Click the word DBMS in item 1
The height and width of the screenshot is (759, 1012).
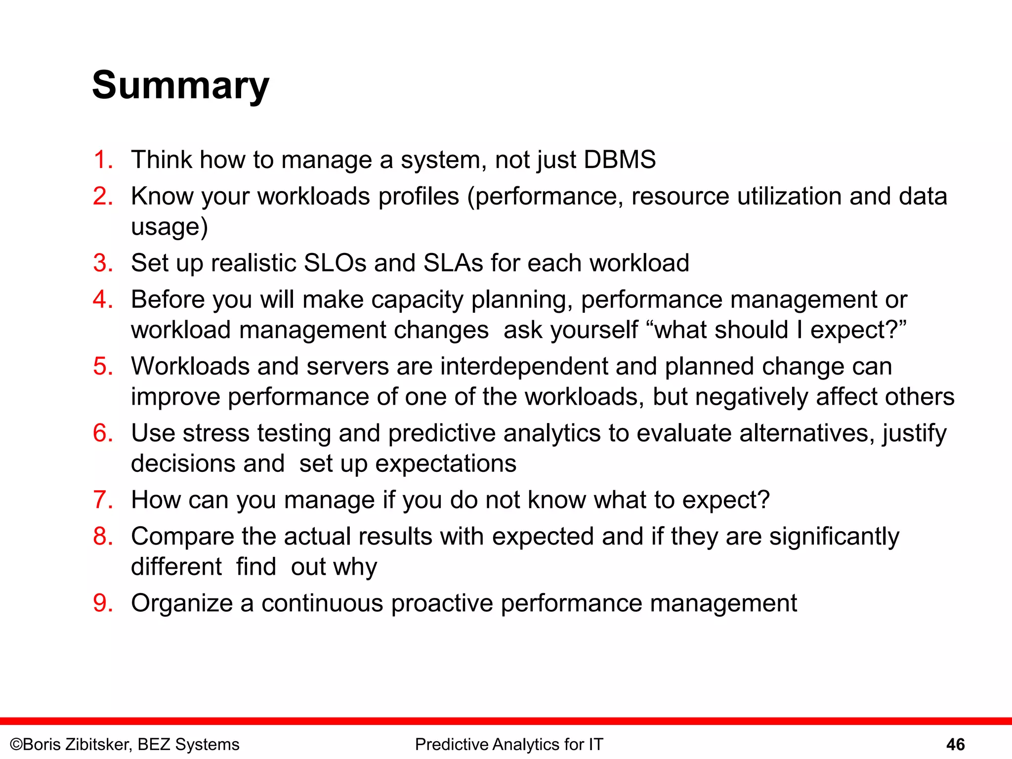[620, 160]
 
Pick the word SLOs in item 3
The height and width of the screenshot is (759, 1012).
[335, 263]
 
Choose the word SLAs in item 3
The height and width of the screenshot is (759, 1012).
[453, 263]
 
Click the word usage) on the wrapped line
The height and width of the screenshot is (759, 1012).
[169, 227]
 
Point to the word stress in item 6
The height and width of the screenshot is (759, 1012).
[216, 433]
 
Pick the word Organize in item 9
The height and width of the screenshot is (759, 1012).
[181, 604]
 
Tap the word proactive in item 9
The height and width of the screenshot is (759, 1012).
[441, 604]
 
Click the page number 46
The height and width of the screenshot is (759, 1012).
[955, 744]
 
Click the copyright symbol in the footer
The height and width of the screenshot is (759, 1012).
[16, 744]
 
